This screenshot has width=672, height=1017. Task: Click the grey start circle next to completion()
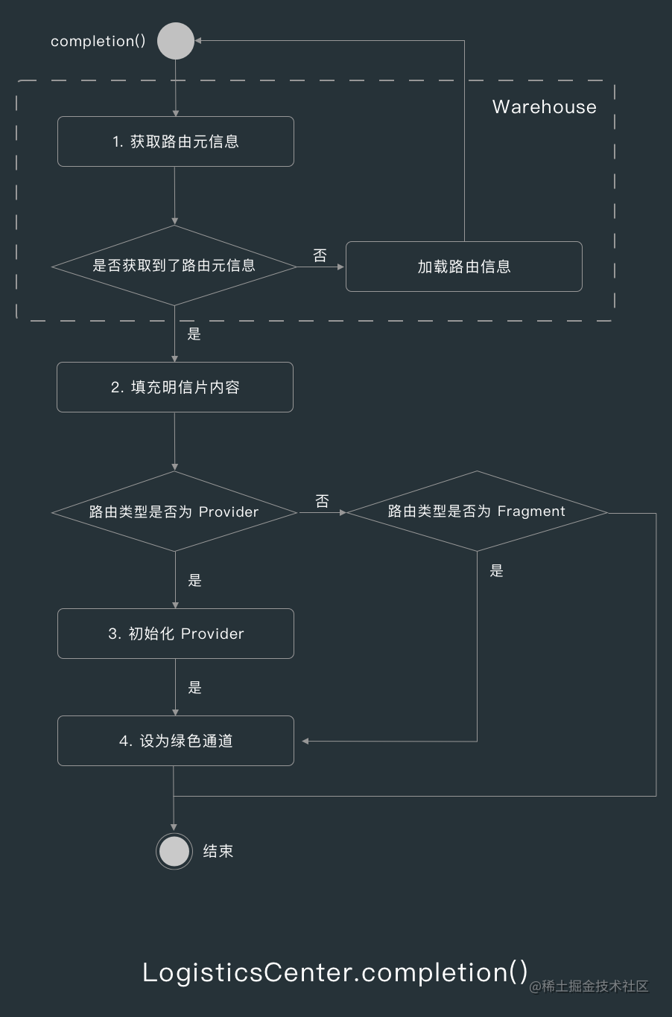pos(176,41)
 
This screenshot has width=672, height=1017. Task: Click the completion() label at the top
pos(98,41)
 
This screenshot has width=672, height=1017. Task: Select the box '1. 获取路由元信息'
pos(176,141)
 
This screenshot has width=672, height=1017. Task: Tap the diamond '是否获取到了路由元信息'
pos(174,266)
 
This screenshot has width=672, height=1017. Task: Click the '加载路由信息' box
pos(463,267)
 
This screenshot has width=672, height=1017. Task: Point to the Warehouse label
pos(544,107)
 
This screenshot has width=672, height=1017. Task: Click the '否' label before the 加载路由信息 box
pos(320,255)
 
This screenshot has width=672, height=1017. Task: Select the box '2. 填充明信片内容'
pos(175,387)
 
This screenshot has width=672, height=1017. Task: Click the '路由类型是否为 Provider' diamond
pos(174,511)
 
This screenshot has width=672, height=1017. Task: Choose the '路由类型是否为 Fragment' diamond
pos(477,511)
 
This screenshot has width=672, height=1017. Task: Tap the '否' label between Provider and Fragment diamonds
pos(322,501)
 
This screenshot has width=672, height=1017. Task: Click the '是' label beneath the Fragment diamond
pos(497,571)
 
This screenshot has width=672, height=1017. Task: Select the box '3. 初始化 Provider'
pos(176,634)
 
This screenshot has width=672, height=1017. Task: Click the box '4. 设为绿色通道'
pos(176,741)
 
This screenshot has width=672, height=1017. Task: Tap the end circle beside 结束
pos(174,851)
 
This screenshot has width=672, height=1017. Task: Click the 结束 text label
pos(218,851)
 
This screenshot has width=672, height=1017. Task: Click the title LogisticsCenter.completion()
pos(335,972)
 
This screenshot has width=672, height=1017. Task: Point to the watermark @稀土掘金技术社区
pos(589,986)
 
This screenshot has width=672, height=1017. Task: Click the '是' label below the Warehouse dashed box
pos(194,334)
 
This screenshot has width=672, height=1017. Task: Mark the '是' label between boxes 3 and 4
pos(195,688)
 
